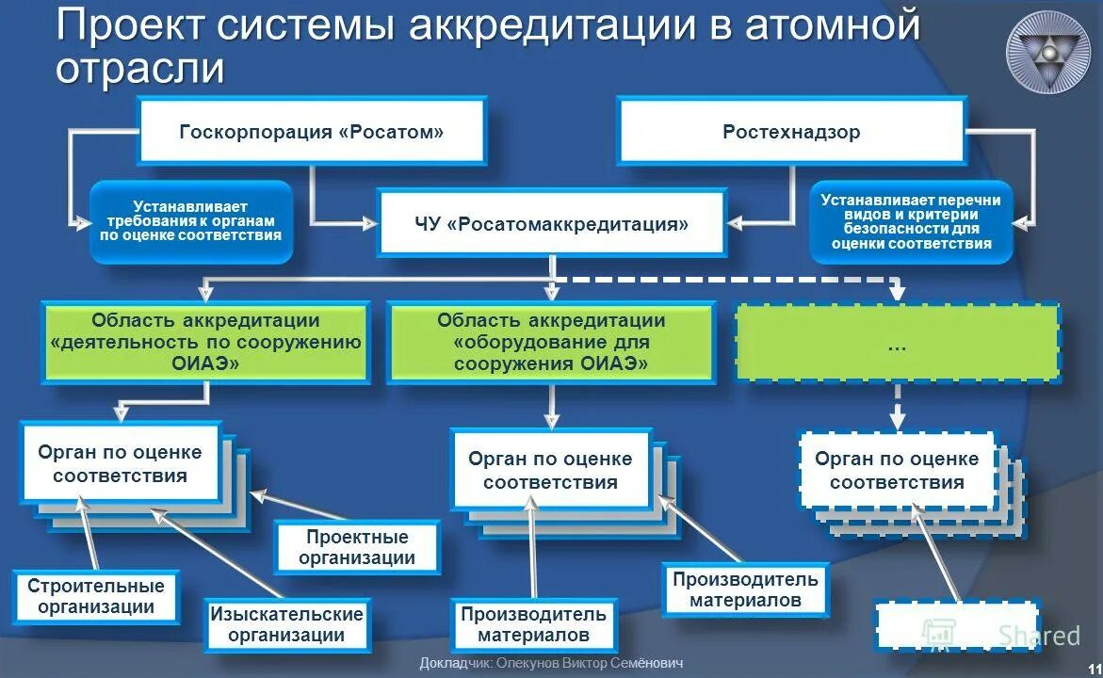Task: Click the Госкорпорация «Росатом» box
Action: [x=312, y=132]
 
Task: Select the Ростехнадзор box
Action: [x=791, y=132]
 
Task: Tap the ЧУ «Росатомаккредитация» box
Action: [x=552, y=223]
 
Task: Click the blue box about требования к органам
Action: [x=190, y=221]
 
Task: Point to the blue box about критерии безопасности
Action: [x=911, y=221]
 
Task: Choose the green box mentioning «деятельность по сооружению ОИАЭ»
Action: [x=205, y=342]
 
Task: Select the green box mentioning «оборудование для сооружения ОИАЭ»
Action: [x=551, y=342]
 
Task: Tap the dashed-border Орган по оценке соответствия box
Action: [x=897, y=471]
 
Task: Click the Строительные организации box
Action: [x=96, y=596]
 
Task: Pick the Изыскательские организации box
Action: [x=286, y=623]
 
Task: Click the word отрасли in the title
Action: [x=140, y=70]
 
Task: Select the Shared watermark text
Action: [x=1039, y=636]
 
